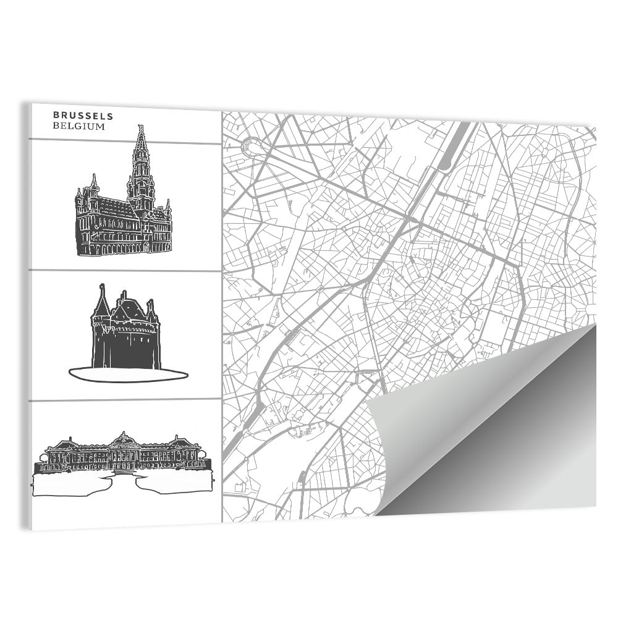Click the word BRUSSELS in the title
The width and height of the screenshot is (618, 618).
click(82, 115)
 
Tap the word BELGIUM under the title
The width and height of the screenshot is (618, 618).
click(78, 126)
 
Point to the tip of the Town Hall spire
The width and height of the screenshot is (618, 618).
click(141, 126)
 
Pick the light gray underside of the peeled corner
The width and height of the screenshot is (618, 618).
click(433, 426)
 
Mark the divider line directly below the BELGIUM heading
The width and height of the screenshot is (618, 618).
click(124, 141)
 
